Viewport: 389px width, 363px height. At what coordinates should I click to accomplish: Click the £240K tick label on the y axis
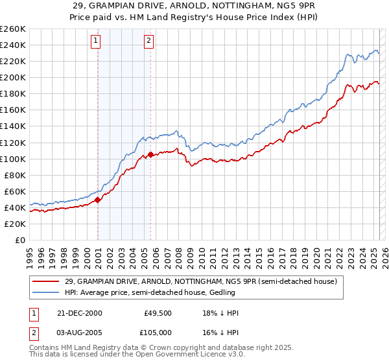12,45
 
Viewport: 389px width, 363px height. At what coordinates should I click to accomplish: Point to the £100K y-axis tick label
12,159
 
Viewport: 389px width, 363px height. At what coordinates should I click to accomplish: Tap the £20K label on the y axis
14,224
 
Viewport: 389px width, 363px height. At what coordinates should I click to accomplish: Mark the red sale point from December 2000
98,200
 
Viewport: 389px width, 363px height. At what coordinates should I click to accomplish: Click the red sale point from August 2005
150,154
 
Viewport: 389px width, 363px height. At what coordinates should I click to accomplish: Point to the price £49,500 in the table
158,313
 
